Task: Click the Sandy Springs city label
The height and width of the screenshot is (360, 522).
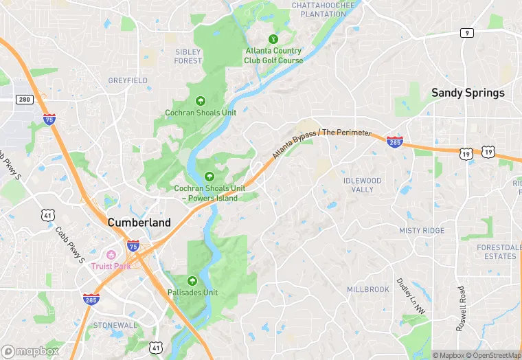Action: coord(467,93)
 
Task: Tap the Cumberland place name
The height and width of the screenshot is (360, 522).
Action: coord(139,223)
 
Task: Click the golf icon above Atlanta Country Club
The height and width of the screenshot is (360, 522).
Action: coord(273,39)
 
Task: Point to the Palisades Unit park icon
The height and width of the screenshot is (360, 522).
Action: coord(192,280)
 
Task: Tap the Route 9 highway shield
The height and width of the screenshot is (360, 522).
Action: coord(467,33)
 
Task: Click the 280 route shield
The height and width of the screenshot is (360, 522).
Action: coord(25,100)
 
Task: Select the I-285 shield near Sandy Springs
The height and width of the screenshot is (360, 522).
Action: coord(394,141)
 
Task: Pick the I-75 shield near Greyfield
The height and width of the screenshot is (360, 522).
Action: coord(49,119)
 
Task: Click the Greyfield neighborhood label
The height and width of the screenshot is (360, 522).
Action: coord(128,81)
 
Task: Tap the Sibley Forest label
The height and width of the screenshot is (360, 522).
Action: coord(188,56)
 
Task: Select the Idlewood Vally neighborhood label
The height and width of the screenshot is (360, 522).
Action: coord(362,185)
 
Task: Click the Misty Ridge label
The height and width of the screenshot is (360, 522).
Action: coord(422,231)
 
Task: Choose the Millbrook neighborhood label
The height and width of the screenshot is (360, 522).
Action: coord(367,290)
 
